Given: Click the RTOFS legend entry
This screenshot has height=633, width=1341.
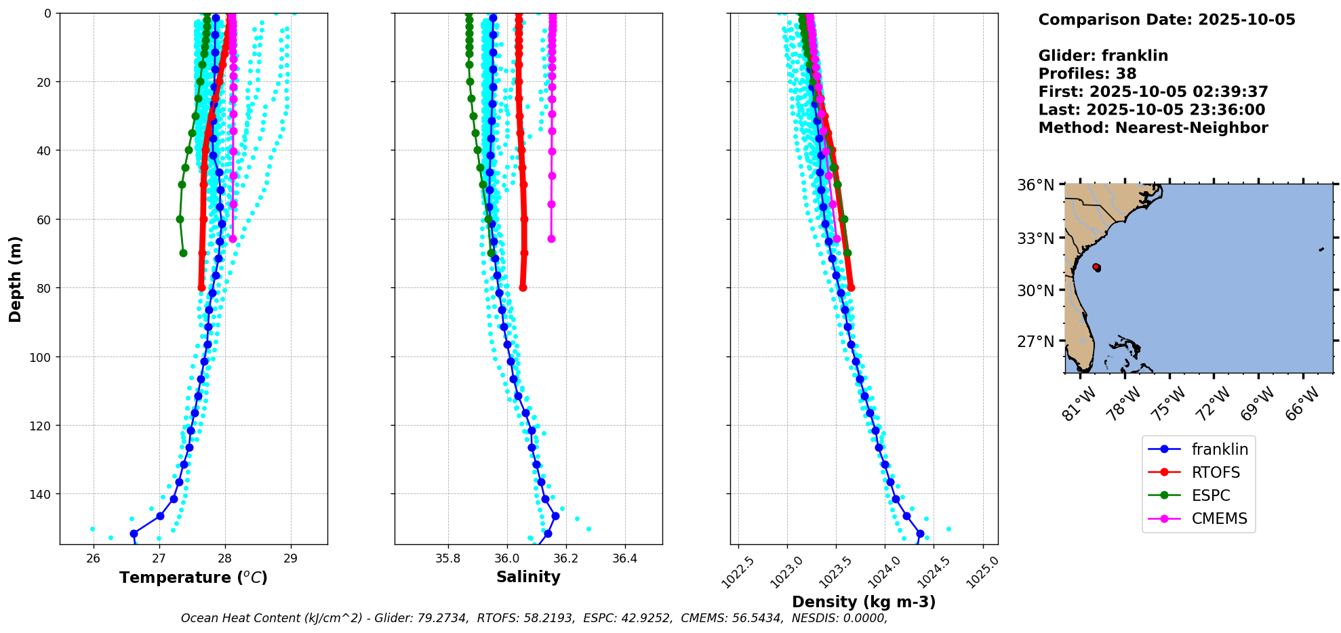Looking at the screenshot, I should pyautogui.click(x=1216, y=472).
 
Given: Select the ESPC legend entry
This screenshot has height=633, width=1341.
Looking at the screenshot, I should pyautogui.click(x=1211, y=495).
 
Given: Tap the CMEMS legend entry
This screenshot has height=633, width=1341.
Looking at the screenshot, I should pyautogui.click(x=1219, y=518).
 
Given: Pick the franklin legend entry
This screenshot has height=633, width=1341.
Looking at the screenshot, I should pyautogui.click(x=1220, y=449).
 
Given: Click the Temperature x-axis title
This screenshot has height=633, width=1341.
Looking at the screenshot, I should pyautogui.click(x=193, y=577).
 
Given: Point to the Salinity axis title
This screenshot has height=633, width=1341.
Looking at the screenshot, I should pyautogui.click(x=528, y=577).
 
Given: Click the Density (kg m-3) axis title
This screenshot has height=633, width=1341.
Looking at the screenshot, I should pyautogui.click(x=864, y=602).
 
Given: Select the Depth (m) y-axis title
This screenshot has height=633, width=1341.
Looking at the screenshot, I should pyautogui.click(x=16, y=279).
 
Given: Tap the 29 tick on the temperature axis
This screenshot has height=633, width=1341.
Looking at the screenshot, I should pyautogui.click(x=291, y=558).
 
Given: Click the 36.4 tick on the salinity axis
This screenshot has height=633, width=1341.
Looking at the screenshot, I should pyautogui.click(x=624, y=558).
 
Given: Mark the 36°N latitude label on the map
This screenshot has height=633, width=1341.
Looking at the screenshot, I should pyautogui.click(x=1035, y=185).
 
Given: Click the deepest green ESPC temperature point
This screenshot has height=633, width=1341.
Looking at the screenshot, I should pyautogui.click(x=183, y=253).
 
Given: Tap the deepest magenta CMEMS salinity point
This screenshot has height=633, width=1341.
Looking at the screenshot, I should pyautogui.click(x=551, y=239).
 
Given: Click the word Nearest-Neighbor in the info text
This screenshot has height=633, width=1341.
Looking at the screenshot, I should pyautogui.click(x=1191, y=128).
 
